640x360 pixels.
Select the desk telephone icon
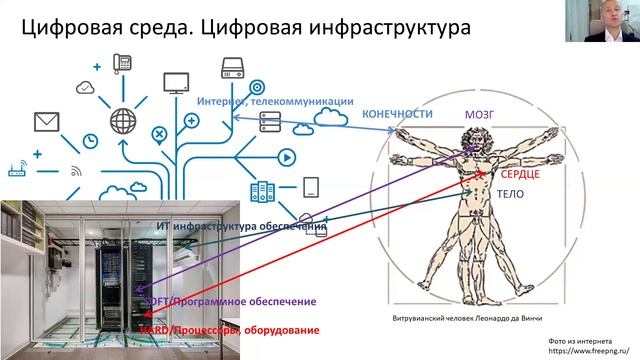pos(125,62)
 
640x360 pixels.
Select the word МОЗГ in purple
pos(479,115)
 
